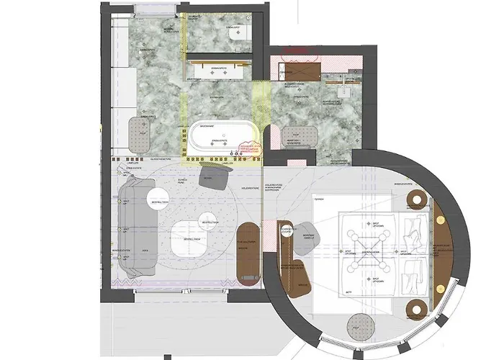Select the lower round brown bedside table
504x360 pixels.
[416, 310]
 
